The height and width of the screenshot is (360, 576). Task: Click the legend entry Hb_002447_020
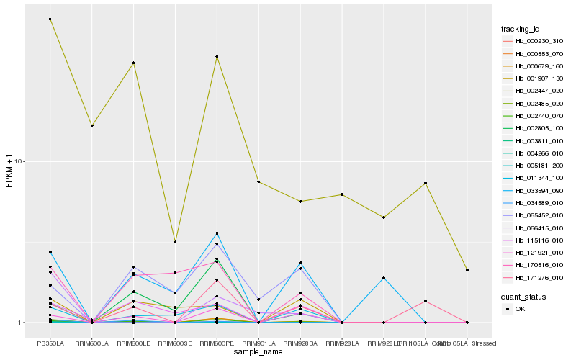(533, 91)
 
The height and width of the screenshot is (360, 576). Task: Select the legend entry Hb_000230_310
(533, 42)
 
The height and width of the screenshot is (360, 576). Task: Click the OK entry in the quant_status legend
(521, 309)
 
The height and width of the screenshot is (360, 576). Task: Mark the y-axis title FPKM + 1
(9, 171)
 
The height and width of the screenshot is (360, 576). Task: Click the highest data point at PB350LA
(50, 19)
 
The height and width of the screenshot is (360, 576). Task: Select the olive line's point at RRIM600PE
(217, 56)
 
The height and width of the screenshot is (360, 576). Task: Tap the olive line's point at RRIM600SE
(175, 242)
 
